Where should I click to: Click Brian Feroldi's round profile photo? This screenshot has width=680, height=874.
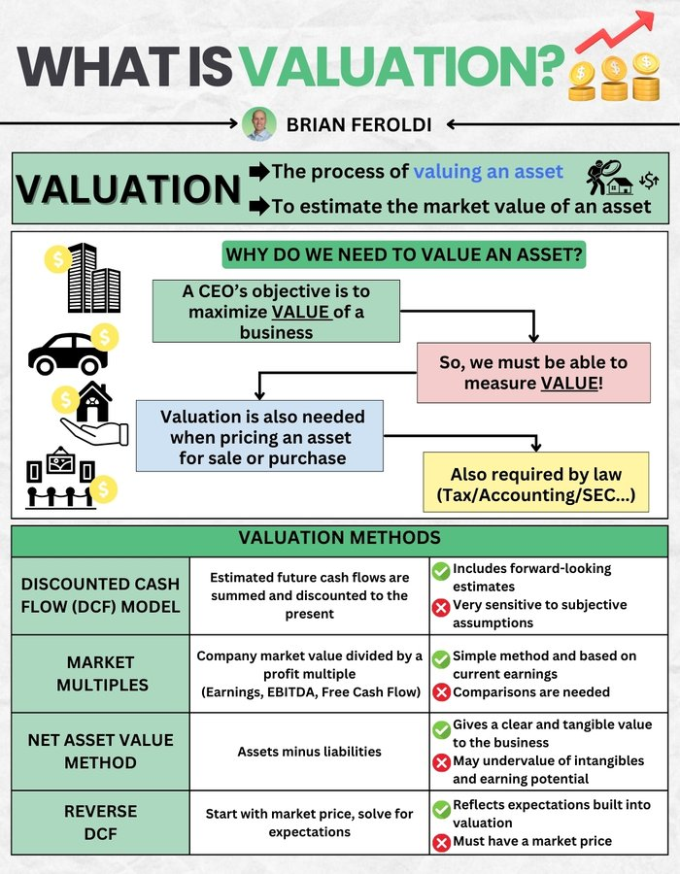pyautogui.click(x=259, y=123)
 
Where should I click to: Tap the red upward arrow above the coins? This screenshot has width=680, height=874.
pyautogui.click(x=614, y=32)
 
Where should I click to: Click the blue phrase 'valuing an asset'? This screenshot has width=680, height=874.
pyautogui.click(x=489, y=171)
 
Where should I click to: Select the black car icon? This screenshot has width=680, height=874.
pyautogui.click(x=68, y=353)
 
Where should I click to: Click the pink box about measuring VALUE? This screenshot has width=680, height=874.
pyautogui.click(x=533, y=372)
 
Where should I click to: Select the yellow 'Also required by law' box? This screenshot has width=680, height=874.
pyautogui.click(x=536, y=482)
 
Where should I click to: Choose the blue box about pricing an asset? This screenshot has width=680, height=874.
pyautogui.click(x=259, y=436)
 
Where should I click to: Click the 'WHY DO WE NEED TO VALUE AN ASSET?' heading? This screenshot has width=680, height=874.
pyautogui.click(x=404, y=254)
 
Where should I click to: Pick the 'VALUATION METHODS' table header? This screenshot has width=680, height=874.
pyautogui.click(x=339, y=538)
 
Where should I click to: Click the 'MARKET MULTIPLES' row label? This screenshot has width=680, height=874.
pyautogui.click(x=101, y=673)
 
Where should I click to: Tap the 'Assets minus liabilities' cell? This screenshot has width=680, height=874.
pyautogui.click(x=309, y=752)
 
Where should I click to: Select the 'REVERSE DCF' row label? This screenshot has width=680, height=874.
pyautogui.click(x=100, y=823)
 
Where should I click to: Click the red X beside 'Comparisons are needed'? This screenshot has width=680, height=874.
pyautogui.click(x=441, y=692)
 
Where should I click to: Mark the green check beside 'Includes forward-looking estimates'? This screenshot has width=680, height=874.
pyautogui.click(x=441, y=571)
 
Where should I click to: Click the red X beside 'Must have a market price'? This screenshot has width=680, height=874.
pyautogui.click(x=441, y=842)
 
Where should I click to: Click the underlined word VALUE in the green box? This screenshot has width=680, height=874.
pyautogui.click(x=301, y=312)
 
